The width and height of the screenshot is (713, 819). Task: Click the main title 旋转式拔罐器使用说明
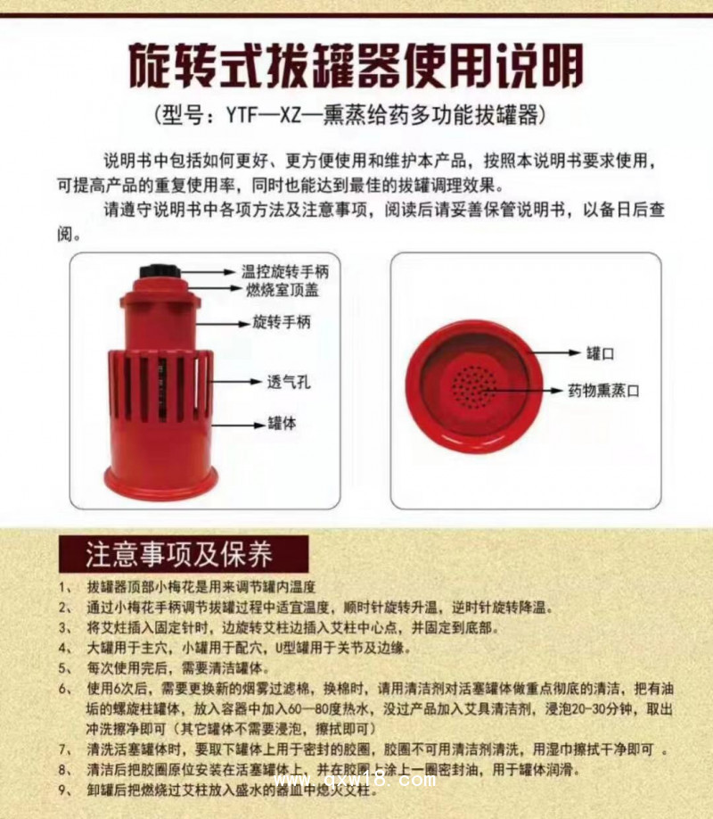(356, 64)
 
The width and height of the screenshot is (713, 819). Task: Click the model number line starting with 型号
(356, 116)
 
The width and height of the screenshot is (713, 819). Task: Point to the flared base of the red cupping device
(161, 479)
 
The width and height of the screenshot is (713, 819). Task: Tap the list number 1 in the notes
(63, 589)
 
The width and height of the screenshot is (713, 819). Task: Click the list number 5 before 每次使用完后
(63, 667)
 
